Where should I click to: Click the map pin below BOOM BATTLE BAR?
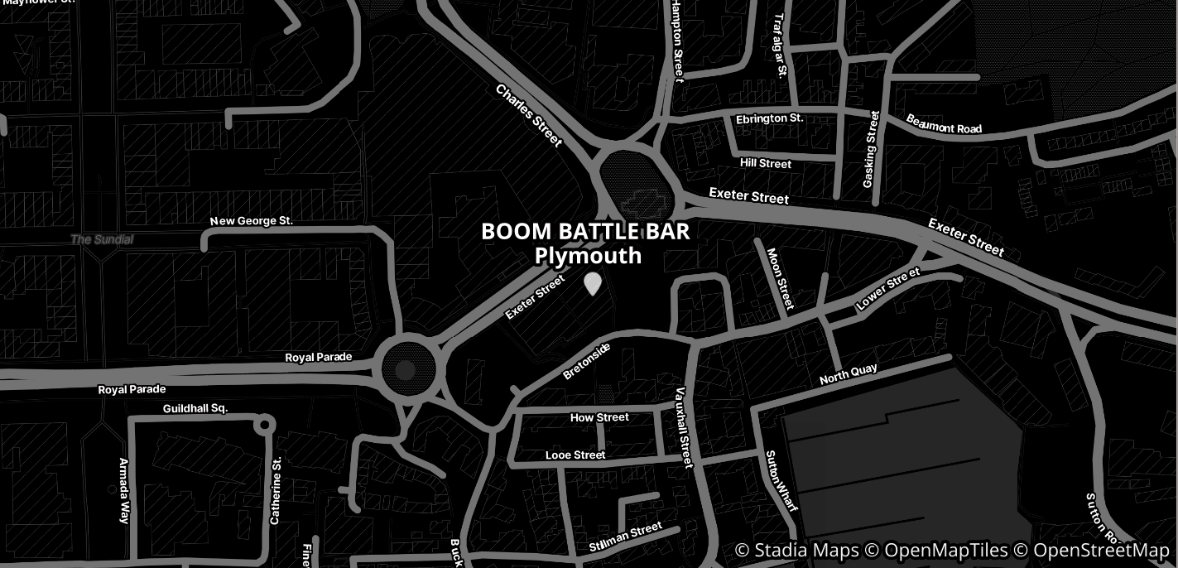click(x=592, y=284)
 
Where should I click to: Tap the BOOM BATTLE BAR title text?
click(x=585, y=232)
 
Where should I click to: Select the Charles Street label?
click(x=529, y=115)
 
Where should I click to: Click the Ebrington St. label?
click(x=769, y=118)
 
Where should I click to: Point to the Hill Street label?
click(x=766, y=163)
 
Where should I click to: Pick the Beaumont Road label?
click(x=944, y=123)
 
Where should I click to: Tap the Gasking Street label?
click(x=871, y=149)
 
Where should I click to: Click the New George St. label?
click(x=252, y=221)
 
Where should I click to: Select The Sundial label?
click(x=102, y=239)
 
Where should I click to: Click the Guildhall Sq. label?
click(x=195, y=408)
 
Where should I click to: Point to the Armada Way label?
click(x=124, y=490)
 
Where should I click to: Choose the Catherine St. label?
click(x=276, y=490)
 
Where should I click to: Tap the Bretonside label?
click(x=586, y=361)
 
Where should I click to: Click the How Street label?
click(x=599, y=417)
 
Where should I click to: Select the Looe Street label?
click(x=575, y=455)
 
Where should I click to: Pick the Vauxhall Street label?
click(x=683, y=427)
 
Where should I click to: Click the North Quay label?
click(x=848, y=374)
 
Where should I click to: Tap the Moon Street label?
click(x=780, y=278)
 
